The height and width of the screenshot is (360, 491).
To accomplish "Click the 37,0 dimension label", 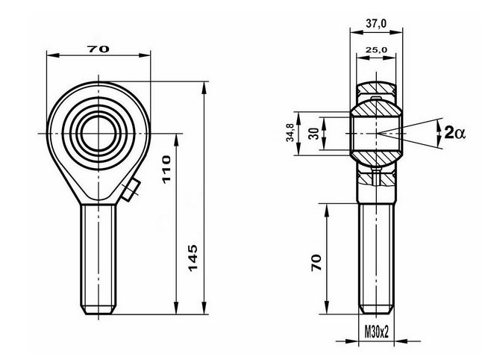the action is [376, 23].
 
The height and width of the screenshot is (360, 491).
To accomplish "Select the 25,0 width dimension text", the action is [376, 49].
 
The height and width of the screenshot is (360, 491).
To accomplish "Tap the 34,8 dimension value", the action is [290, 132].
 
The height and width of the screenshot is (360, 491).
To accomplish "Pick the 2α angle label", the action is [454, 133].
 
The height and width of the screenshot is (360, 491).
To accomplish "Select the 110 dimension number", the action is [166, 170].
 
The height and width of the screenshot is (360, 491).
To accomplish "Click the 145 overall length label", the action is [193, 258].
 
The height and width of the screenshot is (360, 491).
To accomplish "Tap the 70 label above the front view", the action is [98, 49].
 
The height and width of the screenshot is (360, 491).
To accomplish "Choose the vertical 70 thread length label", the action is [316, 263].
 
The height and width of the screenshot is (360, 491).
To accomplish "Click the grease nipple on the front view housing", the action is [131, 189].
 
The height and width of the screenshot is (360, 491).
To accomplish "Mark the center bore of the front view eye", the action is [98, 134].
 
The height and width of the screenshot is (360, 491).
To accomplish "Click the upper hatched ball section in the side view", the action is [376, 109].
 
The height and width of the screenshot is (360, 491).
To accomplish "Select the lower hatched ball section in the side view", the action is [376, 158].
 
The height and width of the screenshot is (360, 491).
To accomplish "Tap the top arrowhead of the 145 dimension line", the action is [204, 87].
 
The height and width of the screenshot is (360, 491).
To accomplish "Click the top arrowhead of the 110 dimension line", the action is [176, 140].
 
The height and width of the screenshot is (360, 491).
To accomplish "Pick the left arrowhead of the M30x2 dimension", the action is [353, 341].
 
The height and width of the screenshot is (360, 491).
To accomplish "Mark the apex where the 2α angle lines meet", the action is [377, 134].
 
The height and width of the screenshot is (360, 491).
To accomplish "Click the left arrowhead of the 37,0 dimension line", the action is [357, 31].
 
